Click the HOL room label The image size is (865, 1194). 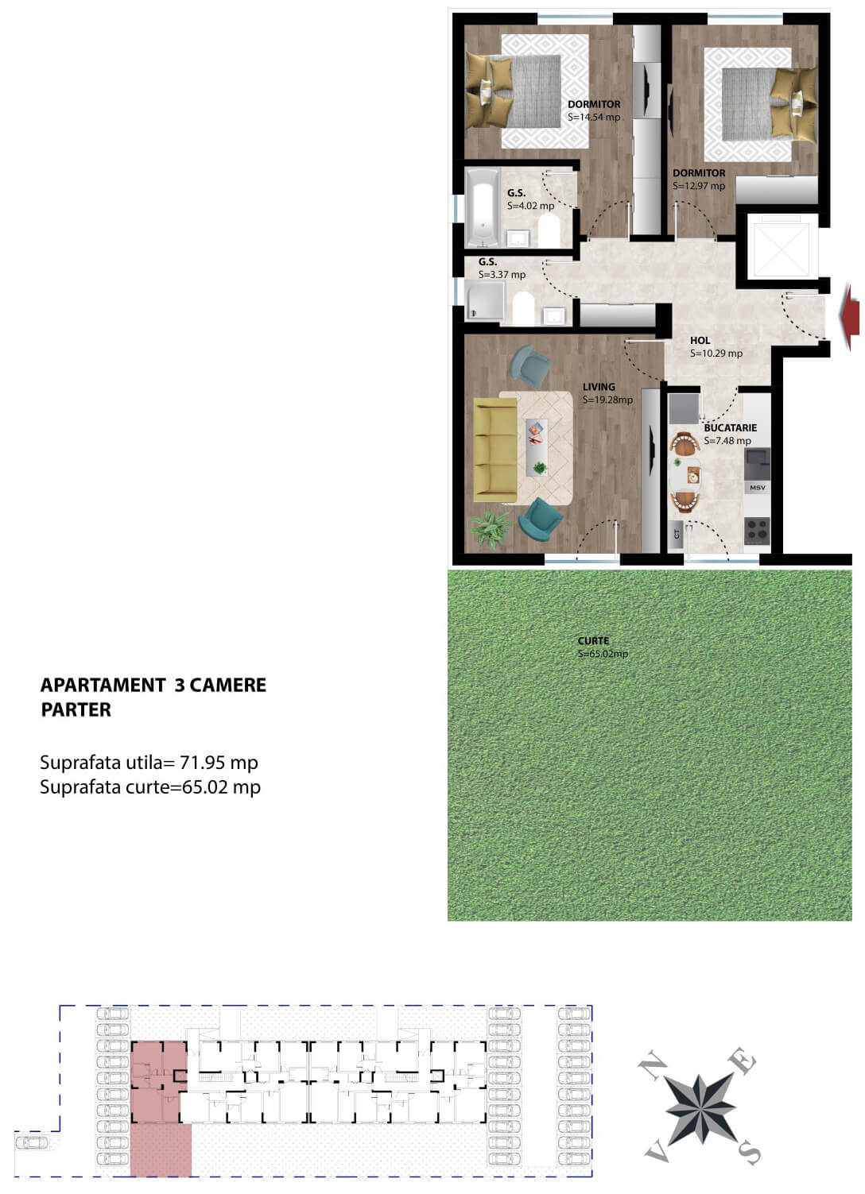(x=700, y=341)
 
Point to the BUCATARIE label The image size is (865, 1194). (x=730, y=427)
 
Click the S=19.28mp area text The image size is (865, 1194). (x=607, y=400)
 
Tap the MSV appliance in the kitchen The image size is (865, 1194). (x=757, y=487)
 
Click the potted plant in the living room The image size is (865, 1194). (x=491, y=527)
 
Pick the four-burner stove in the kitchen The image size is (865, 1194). (x=757, y=529)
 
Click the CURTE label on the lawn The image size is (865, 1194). (x=593, y=641)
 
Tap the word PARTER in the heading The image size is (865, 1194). (x=76, y=709)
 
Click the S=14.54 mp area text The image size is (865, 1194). (x=594, y=117)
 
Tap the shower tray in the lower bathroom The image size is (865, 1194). (x=483, y=303)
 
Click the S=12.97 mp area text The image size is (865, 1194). (x=699, y=186)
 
